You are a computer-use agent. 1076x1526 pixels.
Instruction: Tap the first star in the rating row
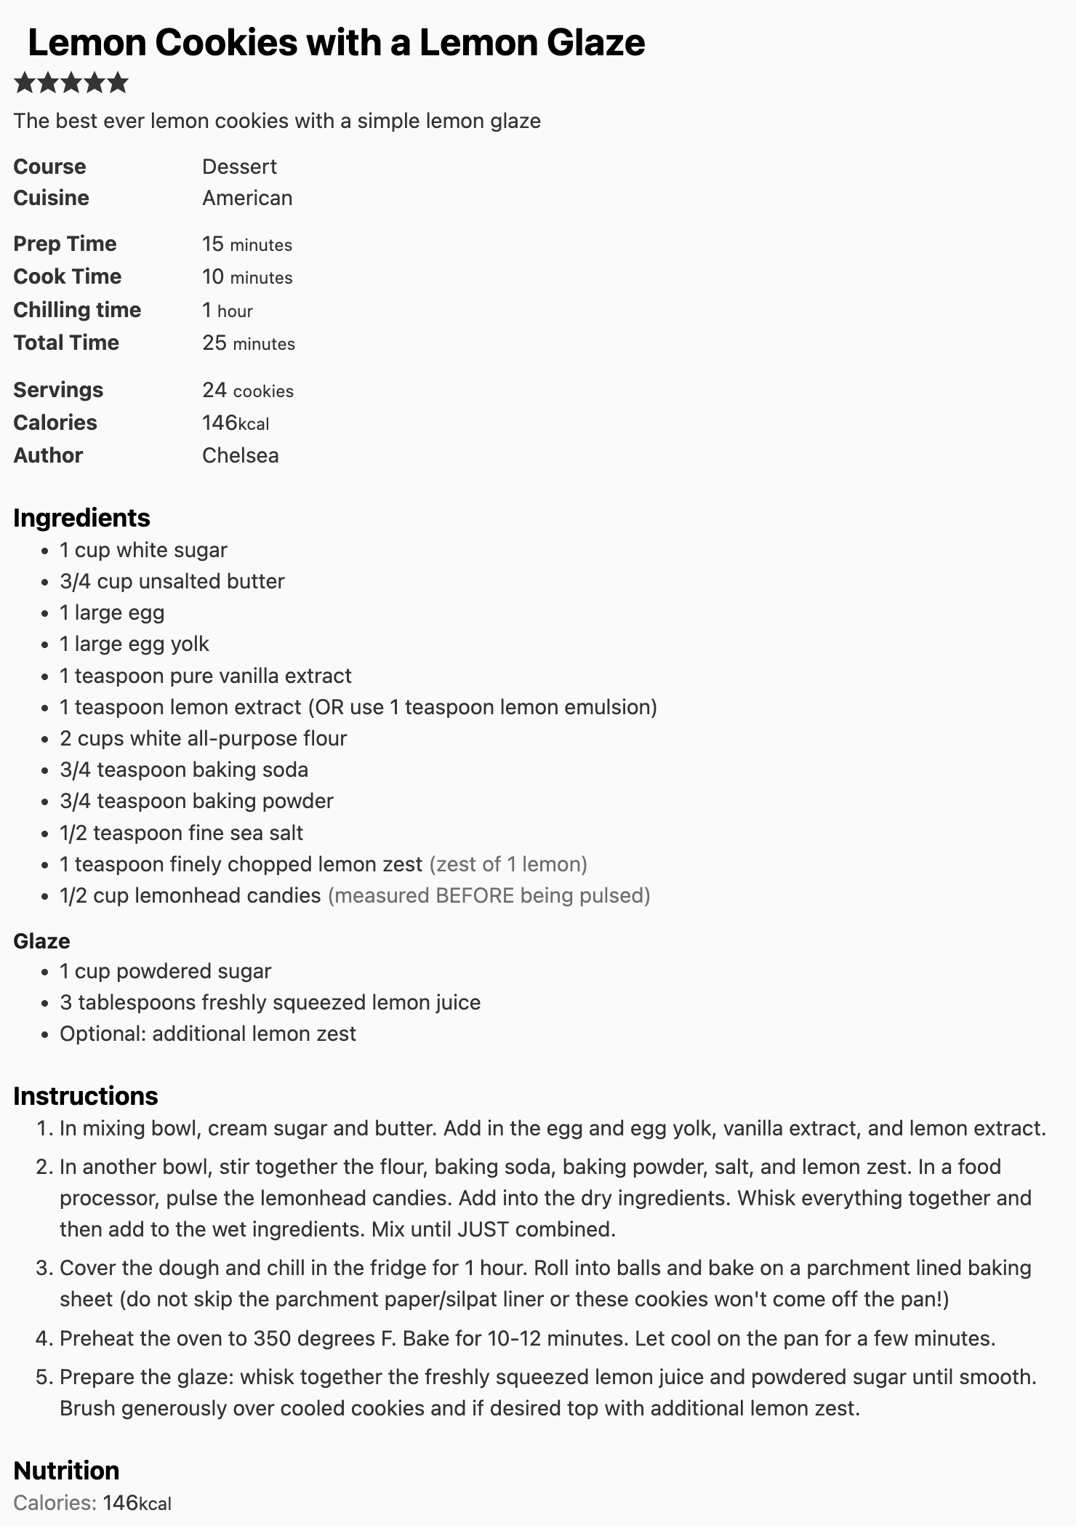[x=25, y=83]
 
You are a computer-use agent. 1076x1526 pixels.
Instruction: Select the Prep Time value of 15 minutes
[x=246, y=244]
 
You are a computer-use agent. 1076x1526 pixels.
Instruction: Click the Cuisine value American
[x=247, y=198]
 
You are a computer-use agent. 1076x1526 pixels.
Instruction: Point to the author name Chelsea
[x=240, y=455]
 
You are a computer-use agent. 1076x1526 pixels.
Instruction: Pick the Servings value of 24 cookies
[x=247, y=391]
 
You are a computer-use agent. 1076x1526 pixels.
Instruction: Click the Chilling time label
[x=77, y=310]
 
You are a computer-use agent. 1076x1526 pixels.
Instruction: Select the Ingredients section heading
[x=81, y=518]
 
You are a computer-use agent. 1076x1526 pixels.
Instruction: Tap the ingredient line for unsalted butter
[x=172, y=581]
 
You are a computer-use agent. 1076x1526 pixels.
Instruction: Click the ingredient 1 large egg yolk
[x=134, y=644]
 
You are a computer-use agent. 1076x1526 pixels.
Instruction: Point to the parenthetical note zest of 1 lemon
[x=508, y=864]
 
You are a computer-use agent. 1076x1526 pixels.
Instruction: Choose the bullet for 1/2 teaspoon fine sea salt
[x=45, y=834]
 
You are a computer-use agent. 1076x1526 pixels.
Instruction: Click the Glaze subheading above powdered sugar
[x=41, y=940]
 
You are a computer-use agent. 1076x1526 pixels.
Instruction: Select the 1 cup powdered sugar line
[x=165, y=971]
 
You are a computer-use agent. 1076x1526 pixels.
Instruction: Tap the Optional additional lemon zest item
[x=208, y=1034]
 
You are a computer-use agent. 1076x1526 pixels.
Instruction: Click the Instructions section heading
[x=85, y=1096]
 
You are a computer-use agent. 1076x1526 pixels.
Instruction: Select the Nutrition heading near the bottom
[x=66, y=1470]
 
